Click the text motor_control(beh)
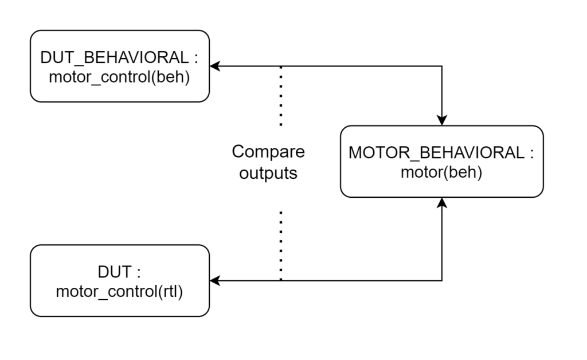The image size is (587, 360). pos(119,76)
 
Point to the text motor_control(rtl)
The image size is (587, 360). pos(119,291)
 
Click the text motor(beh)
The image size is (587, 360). pos(441,172)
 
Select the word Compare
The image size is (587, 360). pos(268,152)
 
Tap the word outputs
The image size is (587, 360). pos(268,173)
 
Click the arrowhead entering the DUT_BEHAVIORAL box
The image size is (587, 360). pos(214,66)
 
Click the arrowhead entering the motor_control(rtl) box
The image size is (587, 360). pos(214,281)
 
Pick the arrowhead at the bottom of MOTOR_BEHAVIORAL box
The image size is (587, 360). pos(441,202)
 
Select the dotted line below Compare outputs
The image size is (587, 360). pos(281,244)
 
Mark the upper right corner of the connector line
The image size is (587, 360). pos(441,66)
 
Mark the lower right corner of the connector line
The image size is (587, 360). pos(441,281)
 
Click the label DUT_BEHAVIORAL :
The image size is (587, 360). pos(119,58)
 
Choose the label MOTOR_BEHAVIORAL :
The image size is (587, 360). pos(441,154)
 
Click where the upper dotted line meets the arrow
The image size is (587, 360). pos(281,66)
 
